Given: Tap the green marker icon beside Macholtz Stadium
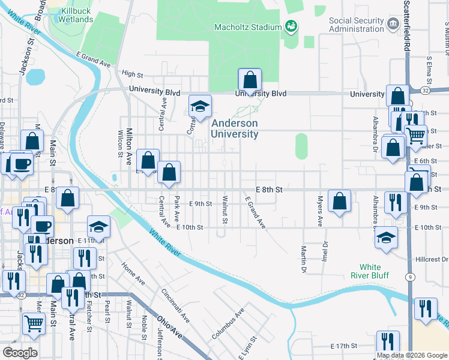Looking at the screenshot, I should click(291, 26).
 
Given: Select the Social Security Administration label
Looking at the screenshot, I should click(356, 25).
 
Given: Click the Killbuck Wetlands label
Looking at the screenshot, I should click(76, 15).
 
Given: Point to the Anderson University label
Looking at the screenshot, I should click(234, 128).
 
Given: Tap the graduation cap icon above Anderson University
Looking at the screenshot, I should click(200, 107).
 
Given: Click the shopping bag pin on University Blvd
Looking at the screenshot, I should click(250, 80).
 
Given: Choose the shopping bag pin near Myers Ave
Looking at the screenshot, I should click(340, 202).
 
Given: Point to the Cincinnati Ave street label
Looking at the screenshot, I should click(175, 305).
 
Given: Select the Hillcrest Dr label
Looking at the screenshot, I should click(431, 259).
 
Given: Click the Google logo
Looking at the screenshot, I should click(20, 353).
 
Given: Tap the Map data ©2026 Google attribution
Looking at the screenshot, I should click(411, 355).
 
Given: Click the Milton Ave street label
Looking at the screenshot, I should click(128, 149).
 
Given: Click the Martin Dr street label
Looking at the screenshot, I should click(304, 259).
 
